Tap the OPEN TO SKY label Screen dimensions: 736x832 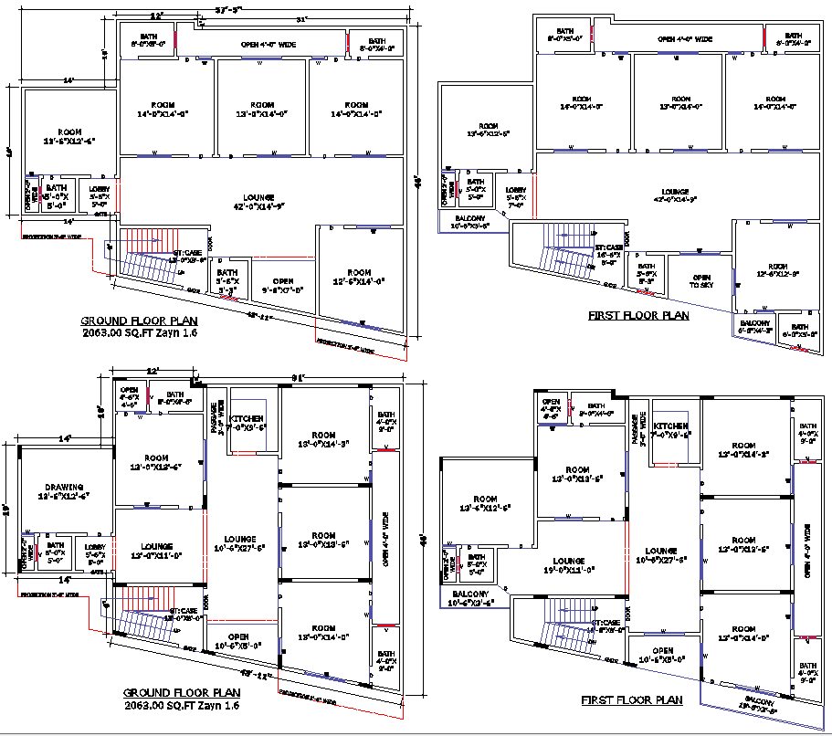701,281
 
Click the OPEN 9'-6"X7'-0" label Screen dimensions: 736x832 282,285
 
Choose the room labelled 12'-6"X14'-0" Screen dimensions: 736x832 359,277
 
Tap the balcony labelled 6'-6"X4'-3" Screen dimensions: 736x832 754,327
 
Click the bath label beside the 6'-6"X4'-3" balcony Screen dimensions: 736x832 800,331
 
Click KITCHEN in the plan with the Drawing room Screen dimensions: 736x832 247,421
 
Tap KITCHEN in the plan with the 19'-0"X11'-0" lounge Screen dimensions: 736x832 670,430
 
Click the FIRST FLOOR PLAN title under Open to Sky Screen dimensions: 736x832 638,316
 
